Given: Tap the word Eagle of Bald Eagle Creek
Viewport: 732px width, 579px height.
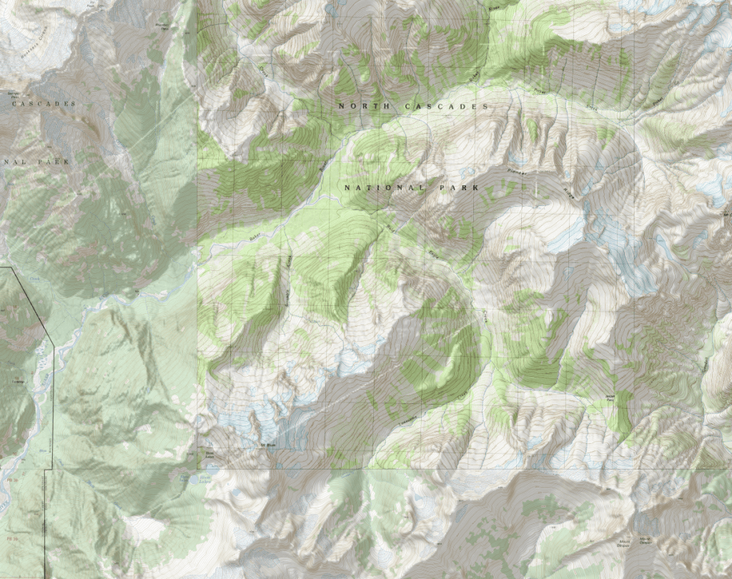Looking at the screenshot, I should [432, 252].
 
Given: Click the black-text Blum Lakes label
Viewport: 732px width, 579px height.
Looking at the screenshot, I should [209, 452].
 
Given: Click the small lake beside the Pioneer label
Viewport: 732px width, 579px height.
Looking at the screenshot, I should [513, 159].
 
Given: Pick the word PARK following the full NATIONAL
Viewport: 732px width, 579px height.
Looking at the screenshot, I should [455, 188].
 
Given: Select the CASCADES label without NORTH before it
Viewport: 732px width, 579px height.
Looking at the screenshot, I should [43, 104].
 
